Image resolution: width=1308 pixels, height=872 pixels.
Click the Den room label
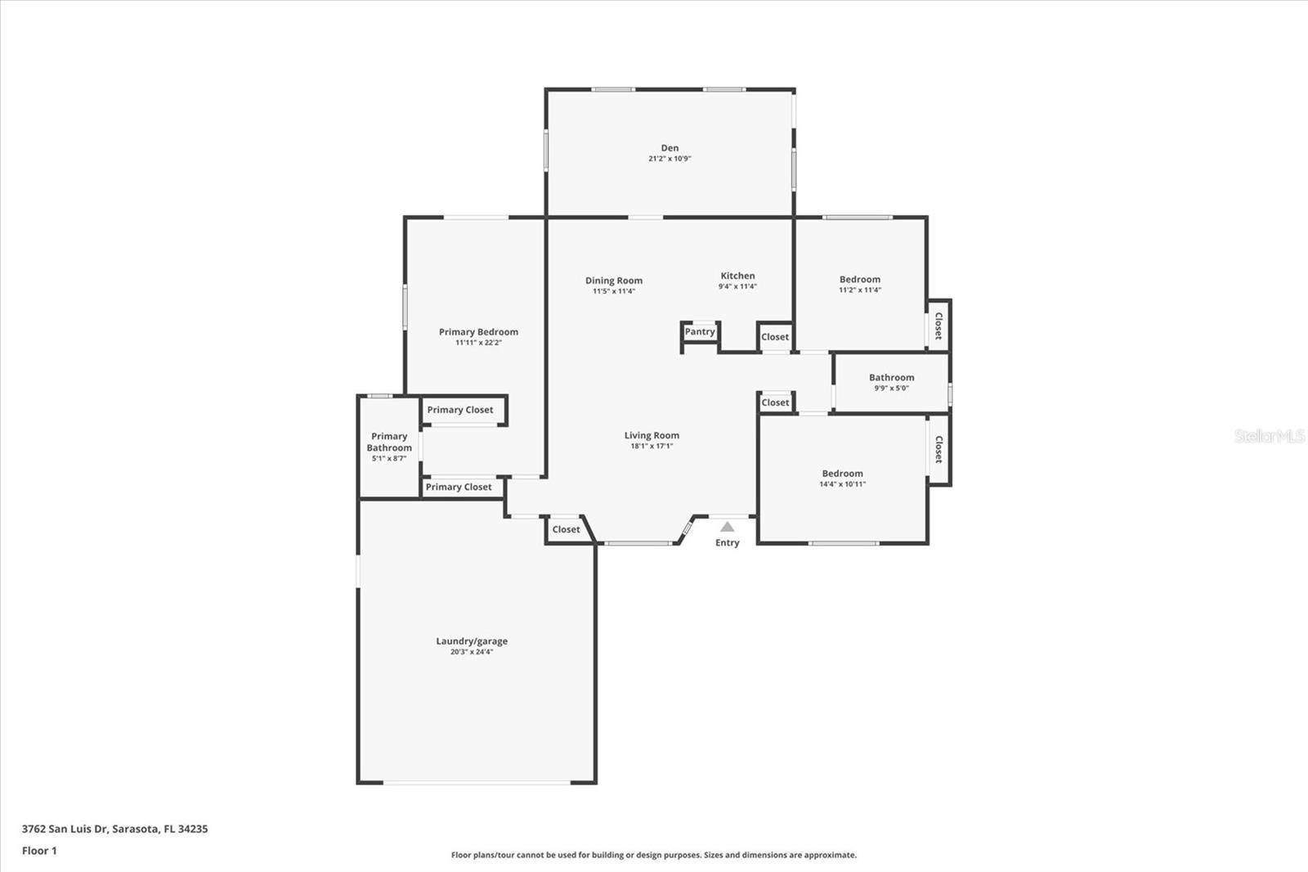(x=670, y=148)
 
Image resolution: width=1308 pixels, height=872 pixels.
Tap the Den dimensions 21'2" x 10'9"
(x=670, y=159)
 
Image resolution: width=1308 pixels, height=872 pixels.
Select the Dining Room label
(x=613, y=281)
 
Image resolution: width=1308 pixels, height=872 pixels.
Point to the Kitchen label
(x=737, y=276)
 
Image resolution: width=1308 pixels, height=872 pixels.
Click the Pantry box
(x=700, y=331)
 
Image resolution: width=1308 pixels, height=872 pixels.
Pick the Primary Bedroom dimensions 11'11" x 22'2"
(x=478, y=343)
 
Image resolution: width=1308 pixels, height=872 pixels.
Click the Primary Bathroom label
(x=389, y=442)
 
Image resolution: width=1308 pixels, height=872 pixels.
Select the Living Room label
(x=652, y=435)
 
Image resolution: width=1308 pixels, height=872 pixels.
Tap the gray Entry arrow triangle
(x=727, y=527)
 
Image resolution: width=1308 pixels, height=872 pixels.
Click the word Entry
(x=727, y=542)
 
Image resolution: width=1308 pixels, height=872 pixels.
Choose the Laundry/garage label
(x=472, y=641)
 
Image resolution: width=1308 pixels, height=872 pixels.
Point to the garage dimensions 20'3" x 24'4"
(x=472, y=652)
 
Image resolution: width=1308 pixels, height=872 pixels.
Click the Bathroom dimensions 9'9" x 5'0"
(x=891, y=388)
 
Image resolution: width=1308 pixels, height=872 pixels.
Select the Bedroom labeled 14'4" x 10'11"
(x=842, y=474)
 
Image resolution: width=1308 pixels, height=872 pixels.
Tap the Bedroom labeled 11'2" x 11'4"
(x=860, y=279)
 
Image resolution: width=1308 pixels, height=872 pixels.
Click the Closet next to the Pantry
(x=775, y=336)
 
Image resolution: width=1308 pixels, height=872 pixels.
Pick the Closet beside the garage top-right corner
(x=566, y=529)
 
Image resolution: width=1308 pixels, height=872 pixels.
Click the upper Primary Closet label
(x=460, y=410)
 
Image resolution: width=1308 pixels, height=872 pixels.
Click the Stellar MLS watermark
(x=1269, y=436)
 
